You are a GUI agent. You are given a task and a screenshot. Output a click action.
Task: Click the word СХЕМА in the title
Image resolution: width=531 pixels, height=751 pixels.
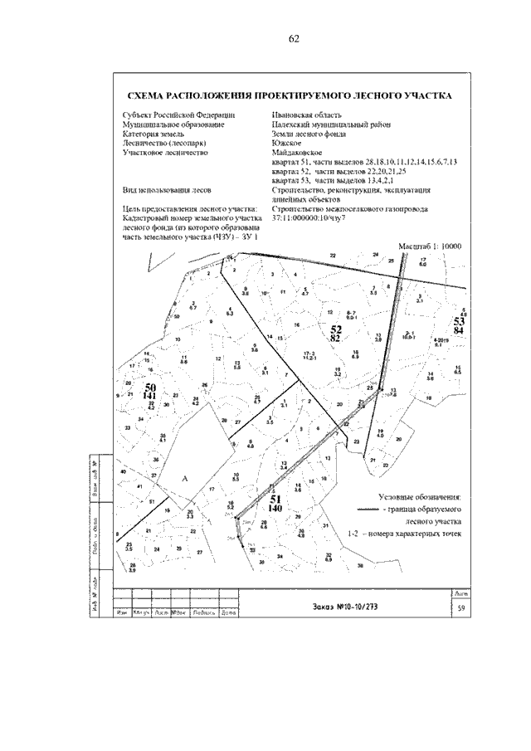tap(147, 96)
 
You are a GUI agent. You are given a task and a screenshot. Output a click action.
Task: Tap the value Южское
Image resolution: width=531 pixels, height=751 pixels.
tap(286, 143)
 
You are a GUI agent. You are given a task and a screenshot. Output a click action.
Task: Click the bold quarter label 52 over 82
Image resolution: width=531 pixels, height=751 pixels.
tap(336, 334)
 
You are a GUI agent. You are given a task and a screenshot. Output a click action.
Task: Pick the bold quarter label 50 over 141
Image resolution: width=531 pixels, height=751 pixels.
tap(150, 393)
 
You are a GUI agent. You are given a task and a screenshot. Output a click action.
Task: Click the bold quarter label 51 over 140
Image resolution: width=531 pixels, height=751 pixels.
tap(276, 503)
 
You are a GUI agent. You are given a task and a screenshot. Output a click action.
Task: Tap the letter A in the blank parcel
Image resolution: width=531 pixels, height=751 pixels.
tap(184, 478)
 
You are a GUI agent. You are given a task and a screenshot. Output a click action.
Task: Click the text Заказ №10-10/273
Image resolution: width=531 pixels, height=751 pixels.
tap(342, 607)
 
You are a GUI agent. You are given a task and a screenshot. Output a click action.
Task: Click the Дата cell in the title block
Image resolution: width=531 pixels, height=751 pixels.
tap(228, 614)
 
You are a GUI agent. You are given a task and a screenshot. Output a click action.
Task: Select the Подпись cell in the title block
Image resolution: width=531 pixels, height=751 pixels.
tap(203, 614)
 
